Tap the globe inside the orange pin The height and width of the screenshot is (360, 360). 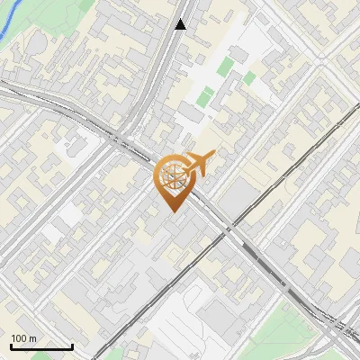(172, 177)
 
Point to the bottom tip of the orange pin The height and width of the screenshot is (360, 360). (172, 211)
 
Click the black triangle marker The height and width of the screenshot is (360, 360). (181, 24)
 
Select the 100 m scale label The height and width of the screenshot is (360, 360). (23, 338)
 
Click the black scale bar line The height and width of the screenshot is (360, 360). (41, 346)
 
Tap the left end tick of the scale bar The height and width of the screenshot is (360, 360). (11, 345)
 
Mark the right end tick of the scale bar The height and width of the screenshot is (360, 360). (72, 345)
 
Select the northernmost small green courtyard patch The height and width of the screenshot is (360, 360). (226, 66)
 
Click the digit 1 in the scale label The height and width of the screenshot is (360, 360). (13, 338)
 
